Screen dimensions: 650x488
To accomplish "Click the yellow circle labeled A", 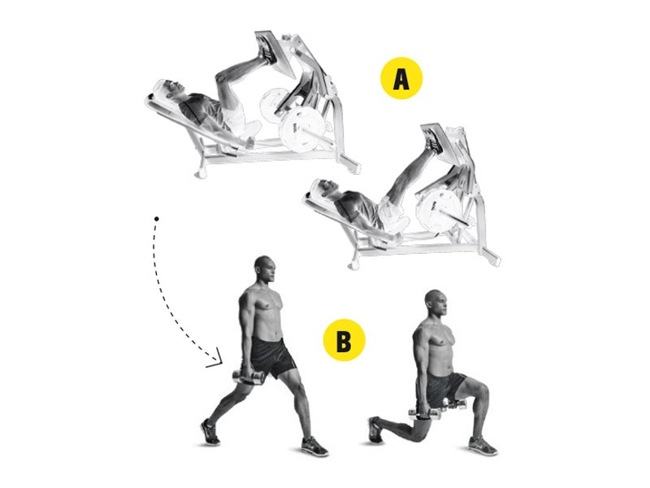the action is click(401, 78).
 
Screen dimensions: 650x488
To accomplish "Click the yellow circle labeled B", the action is click(344, 340).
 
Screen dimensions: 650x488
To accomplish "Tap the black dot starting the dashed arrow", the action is click(156, 218).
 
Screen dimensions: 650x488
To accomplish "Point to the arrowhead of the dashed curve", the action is click(216, 362).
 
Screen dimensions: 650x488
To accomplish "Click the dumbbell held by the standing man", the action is click(249, 377).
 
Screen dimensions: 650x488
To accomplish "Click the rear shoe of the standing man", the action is click(210, 433).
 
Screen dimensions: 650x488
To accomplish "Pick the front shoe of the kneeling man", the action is click(483, 445).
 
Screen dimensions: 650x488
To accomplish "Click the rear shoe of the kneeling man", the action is click(375, 429).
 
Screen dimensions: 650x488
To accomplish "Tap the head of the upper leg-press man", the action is click(167, 89).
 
